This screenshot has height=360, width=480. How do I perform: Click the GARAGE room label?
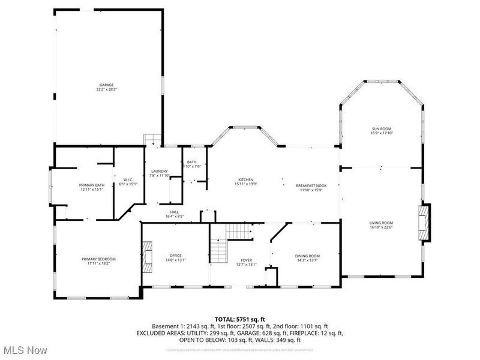click(x=107, y=85)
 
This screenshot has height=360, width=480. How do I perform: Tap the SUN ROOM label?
click(x=381, y=129)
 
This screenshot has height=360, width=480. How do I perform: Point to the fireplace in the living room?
click(x=424, y=223)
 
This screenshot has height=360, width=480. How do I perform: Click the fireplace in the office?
click(x=148, y=250)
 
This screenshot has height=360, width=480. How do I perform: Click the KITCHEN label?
click(x=246, y=180)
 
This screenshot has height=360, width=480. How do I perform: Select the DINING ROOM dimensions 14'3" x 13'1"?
click(x=307, y=260)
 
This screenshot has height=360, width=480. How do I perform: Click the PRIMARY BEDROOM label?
click(x=98, y=259)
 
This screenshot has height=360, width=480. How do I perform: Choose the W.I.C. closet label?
click(x=128, y=179)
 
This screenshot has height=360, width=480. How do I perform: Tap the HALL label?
click(x=174, y=212)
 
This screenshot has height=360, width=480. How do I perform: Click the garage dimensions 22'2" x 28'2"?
click(x=107, y=89)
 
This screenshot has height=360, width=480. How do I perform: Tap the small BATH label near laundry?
click(x=191, y=162)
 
